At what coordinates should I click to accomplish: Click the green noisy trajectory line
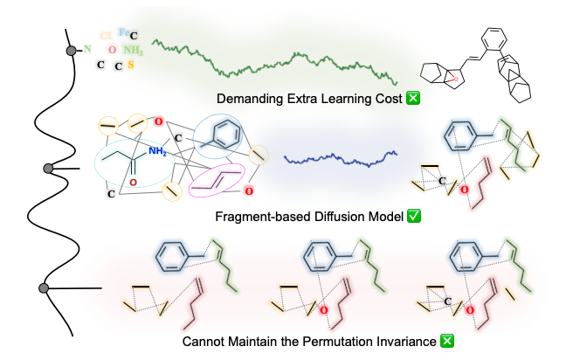271,61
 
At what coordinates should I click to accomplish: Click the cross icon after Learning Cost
413,98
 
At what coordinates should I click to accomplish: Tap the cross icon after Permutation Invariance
446,342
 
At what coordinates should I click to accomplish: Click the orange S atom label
131,64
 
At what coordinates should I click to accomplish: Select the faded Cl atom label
106,37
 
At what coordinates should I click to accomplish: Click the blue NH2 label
157,151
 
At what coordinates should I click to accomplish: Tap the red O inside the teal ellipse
133,183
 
